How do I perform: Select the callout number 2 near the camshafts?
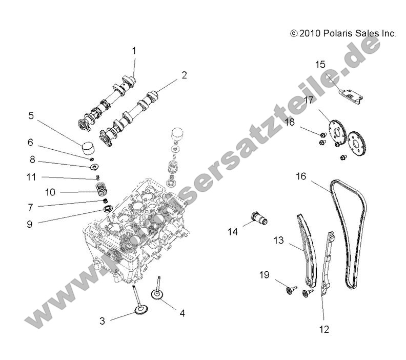(x=184, y=75)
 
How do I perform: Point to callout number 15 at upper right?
(x=320, y=64)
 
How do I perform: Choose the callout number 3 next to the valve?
(x=103, y=321)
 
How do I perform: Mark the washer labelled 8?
(x=94, y=167)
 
